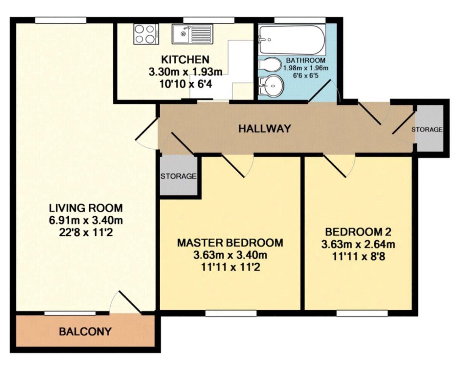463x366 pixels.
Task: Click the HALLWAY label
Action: pyautogui.click(x=265, y=129)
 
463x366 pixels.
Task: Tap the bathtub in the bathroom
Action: pyautogui.click(x=292, y=40)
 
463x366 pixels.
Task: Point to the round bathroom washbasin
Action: pyautogui.click(x=271, y=86)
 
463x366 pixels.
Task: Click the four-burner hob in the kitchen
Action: pyautogui.click(x=145, y=34)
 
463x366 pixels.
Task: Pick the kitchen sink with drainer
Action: pyautogui.click(x=192, y=34)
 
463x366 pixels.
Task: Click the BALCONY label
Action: pyautogui.click(x=85, y=331)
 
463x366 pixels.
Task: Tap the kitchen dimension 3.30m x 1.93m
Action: pyautogui.click(x=185, y=72)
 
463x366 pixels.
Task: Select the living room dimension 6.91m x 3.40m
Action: pyautogui.click(x=86, y=220)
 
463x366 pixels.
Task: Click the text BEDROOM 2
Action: pyautogui.click(x=358, y=232)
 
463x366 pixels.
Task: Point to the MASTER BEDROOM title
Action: pyautogui.click(x=230, y=243)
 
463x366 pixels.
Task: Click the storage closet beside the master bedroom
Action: pyautogui.click(x=179, y=176)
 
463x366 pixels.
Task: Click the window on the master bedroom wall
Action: pyautogui.click(x=231, y=313)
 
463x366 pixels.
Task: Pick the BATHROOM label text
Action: pyautogui.click(x=306, y=60)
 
